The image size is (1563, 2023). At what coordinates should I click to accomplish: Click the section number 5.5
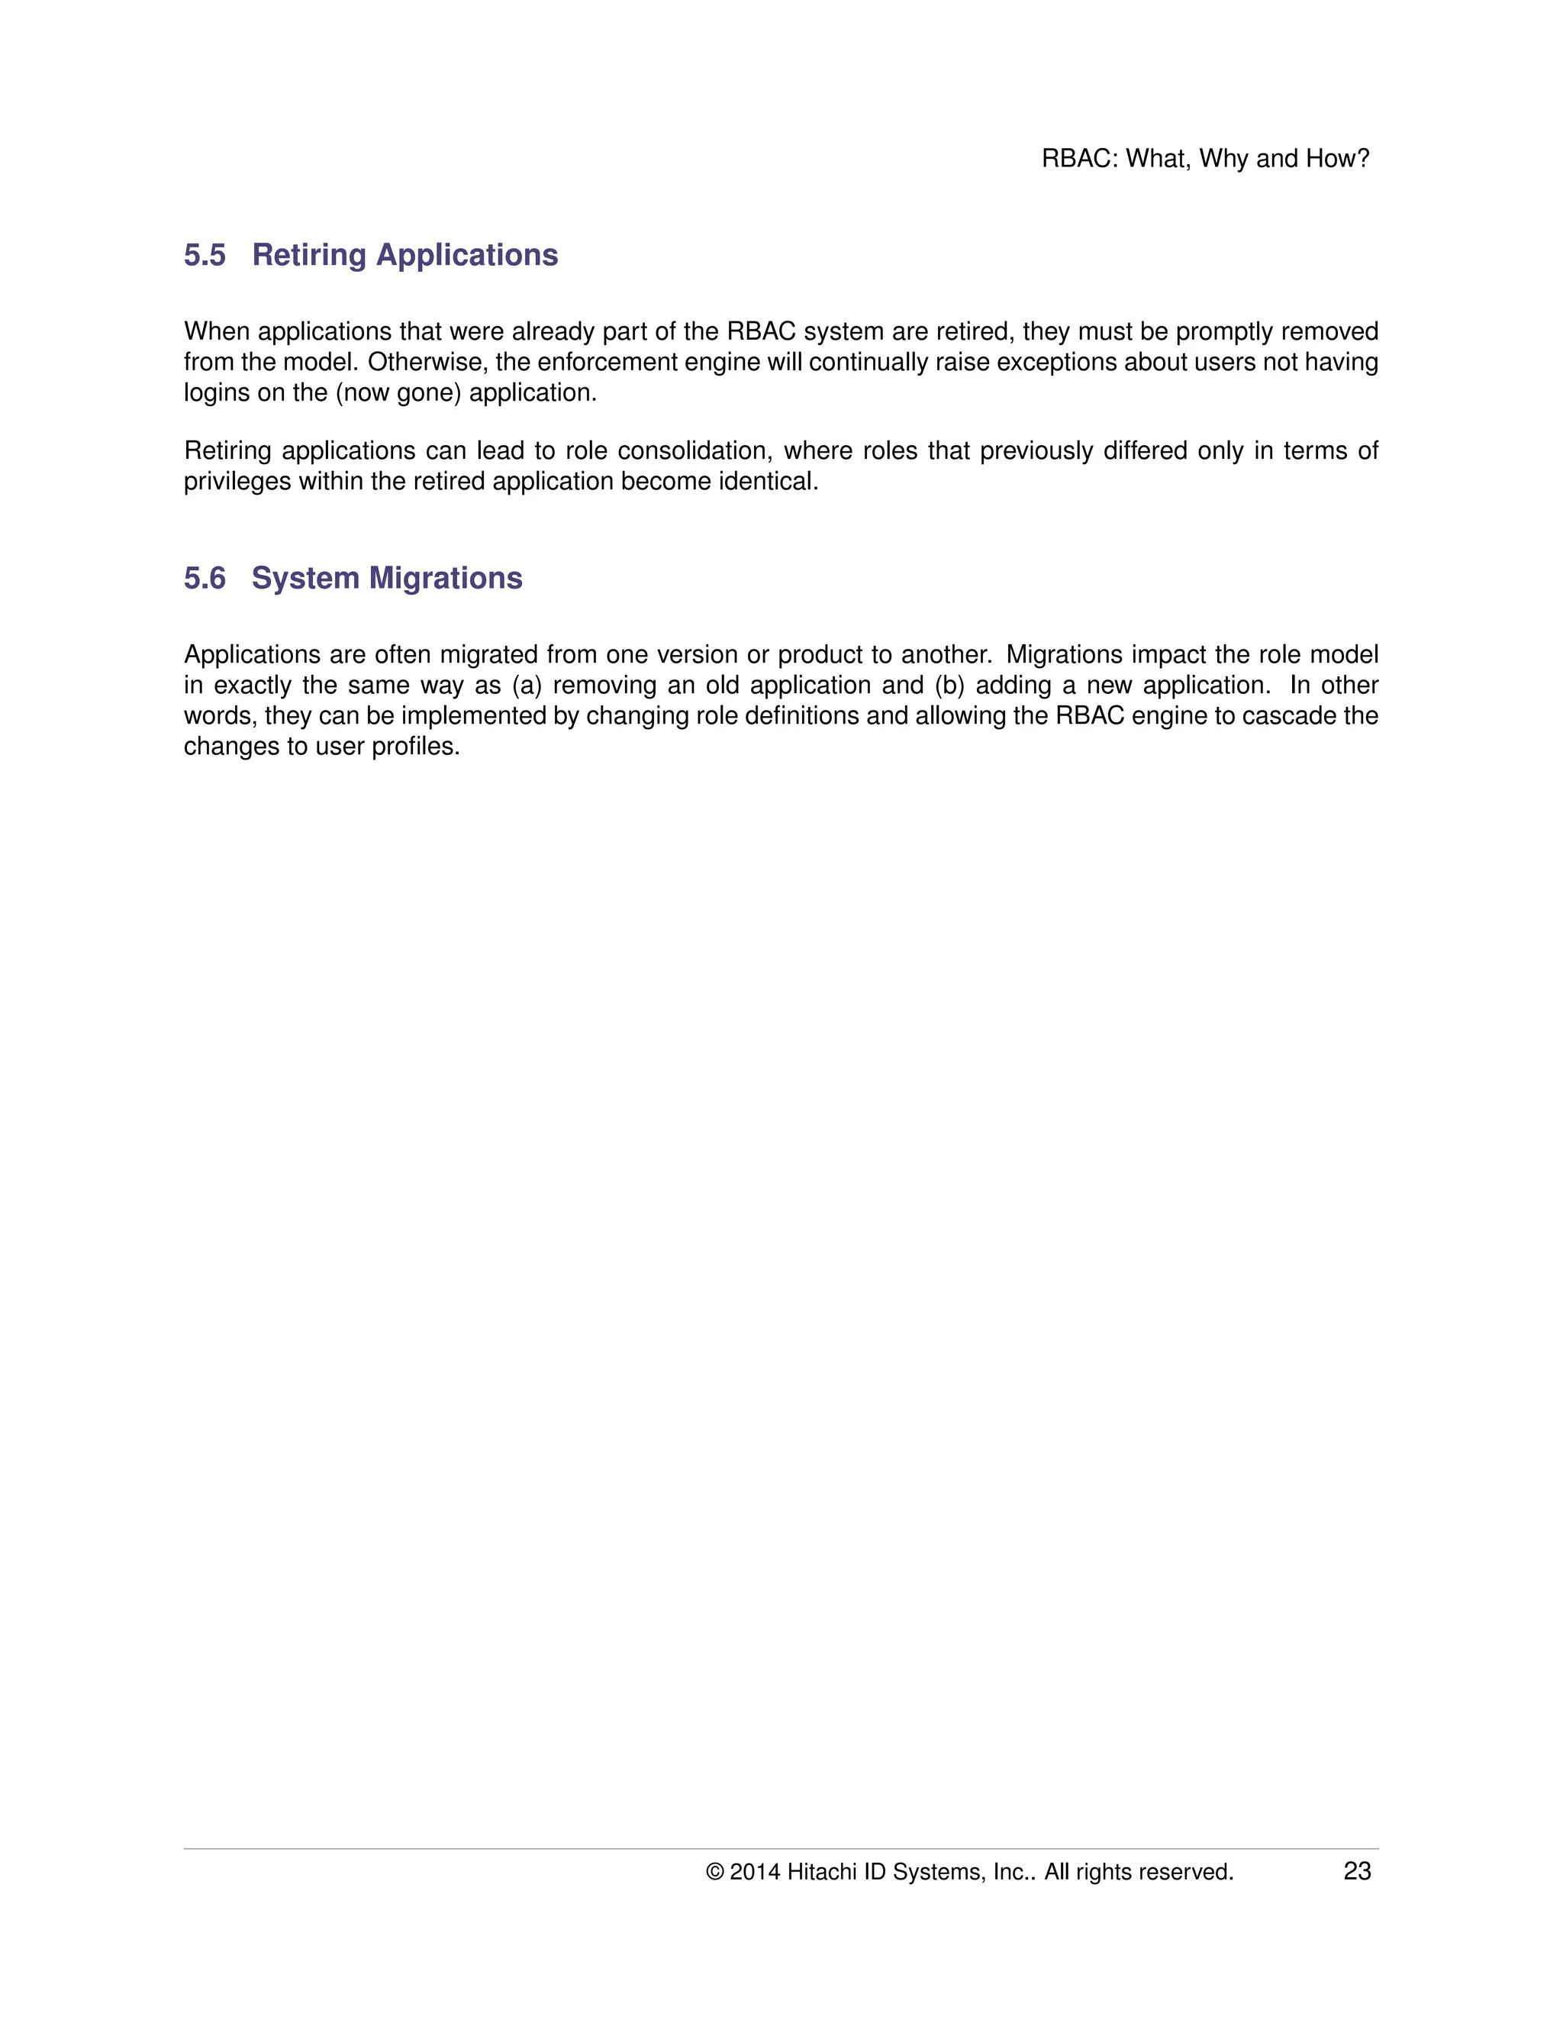click(x=205, y=255)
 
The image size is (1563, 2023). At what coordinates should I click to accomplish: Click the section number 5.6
click(x=205, y=578)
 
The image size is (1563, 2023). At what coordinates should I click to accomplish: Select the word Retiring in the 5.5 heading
click(x=309, y=255)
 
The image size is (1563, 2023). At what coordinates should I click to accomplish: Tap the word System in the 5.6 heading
click(x=305, y=578)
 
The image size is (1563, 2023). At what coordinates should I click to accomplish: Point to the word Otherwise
click(x=424, y=362)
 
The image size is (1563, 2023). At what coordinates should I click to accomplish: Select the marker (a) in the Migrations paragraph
click(x=526, y=686)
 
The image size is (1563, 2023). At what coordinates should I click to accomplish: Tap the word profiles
click(x=416, y=747)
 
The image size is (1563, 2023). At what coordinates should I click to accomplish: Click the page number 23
click(x=1356, y=1871)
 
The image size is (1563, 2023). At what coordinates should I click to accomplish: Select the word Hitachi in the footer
click(x=821, y=1872)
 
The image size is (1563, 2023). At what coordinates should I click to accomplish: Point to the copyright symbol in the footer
click(x=715, y=1872)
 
